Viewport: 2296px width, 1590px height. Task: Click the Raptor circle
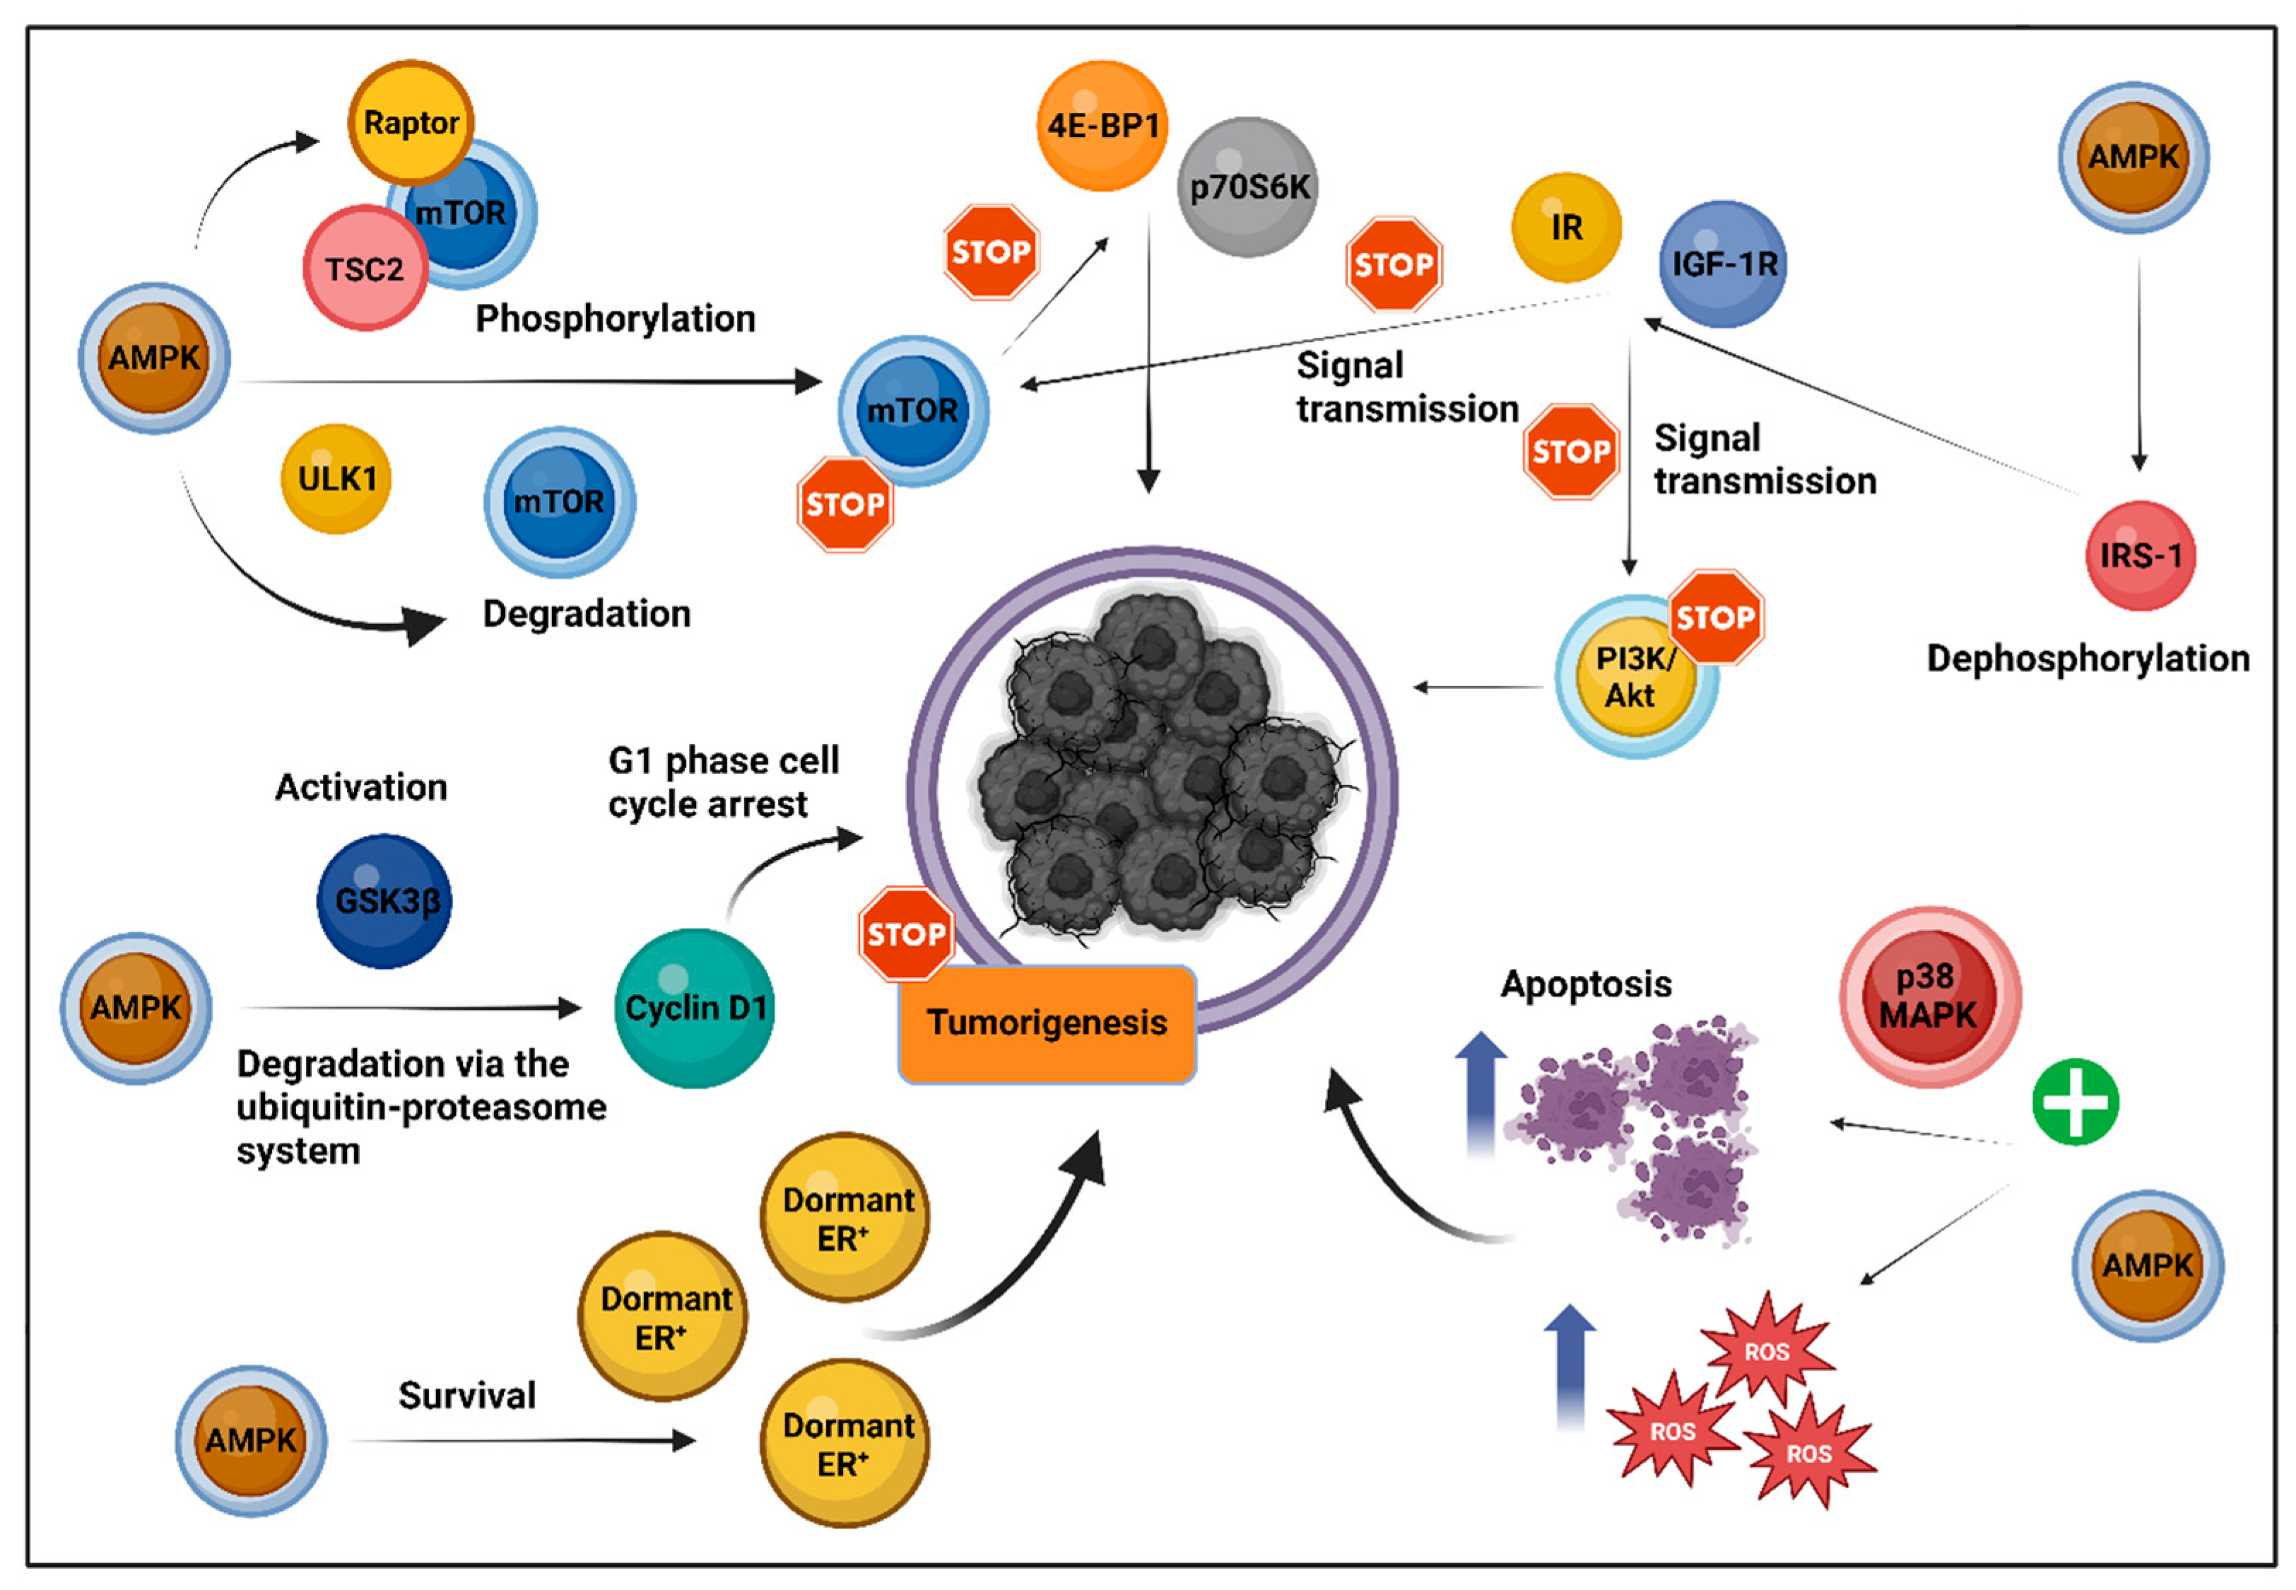pyautogui.click(x=411, y=122)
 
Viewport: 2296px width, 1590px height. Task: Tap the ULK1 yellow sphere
pyautogui.click(x=336, y=479)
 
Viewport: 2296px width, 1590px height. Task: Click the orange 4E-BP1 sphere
pyautogui.click(x=1102, y=126)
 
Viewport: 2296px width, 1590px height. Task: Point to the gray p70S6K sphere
pyautogui.click(x=1248, y=187)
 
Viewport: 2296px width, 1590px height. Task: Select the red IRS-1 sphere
pyautogui.click(x=2140, y=555)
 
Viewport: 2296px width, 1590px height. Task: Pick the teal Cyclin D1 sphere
pyautogui.click(x=694, y=1008)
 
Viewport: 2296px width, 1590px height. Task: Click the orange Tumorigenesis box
pyautogui.click(x=1046, y=1023)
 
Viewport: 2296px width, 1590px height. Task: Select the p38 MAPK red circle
pyautogui.click(x=1929, y=996)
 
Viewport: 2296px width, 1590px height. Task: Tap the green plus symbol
pyautogui.click(x=2075, y=1102)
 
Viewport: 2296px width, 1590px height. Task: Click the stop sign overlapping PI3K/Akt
pyautogui.click(x=1714, y=618)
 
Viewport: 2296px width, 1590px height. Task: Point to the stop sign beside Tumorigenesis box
pyautogui.click(x=905, y=934)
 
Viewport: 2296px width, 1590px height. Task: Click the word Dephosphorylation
pyautogui.click(x=2088, y=659)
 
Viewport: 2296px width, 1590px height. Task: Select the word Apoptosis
pyautogui.click(x=1586, y=984)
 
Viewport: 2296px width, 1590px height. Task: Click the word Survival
pyautogui.click(x=467, y=1396)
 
